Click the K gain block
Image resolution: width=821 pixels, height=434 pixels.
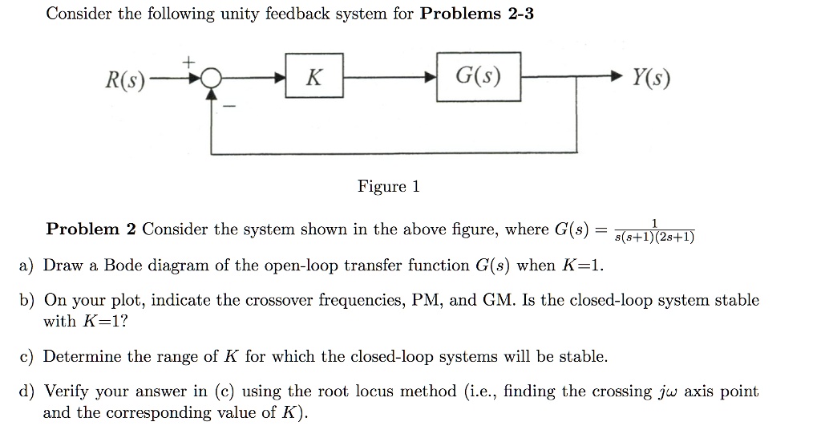(315, 78)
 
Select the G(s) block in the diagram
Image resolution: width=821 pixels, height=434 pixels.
(478, 77)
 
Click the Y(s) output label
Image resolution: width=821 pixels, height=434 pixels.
(651, 79)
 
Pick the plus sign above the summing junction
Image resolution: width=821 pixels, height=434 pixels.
(190, 60)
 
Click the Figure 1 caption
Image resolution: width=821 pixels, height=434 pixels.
(388, 187)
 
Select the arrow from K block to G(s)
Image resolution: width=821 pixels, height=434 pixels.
(390, 79)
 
